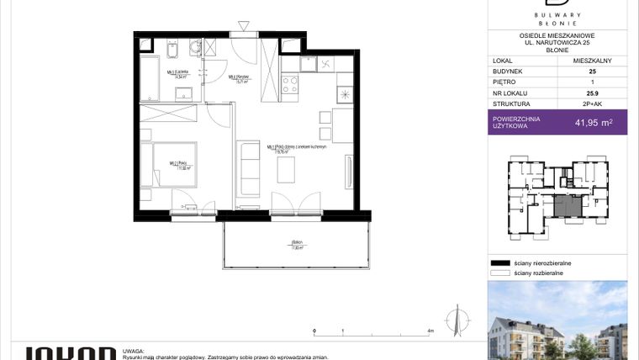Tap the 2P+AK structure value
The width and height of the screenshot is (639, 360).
593,105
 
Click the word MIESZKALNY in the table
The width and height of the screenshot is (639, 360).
593,61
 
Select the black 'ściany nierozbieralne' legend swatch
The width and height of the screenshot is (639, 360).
500,263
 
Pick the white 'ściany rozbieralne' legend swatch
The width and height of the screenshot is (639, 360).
500,273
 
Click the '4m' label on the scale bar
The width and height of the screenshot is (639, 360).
430,332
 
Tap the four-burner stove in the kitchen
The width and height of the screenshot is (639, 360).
291,83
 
